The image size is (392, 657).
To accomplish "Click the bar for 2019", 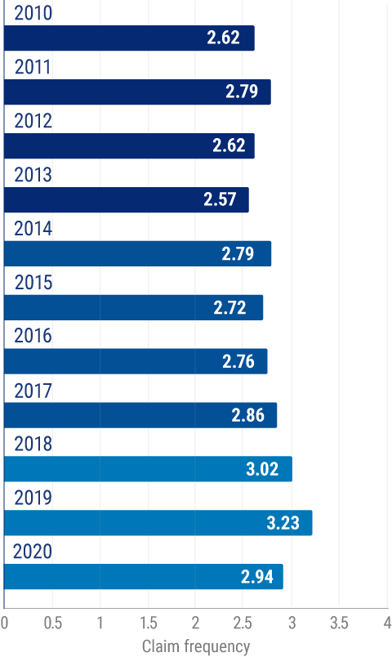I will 158,523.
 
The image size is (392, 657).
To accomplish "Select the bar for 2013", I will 127,200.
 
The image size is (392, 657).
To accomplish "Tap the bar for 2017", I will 140,415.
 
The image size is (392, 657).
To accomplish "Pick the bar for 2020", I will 144,577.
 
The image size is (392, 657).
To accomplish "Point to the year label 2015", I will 33,284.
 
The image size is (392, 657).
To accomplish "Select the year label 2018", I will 33,445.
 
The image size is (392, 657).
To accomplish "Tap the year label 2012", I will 33,123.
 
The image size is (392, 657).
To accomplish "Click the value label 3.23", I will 283,523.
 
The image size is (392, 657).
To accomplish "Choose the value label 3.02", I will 262,469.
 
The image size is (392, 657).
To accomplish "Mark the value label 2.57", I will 220,200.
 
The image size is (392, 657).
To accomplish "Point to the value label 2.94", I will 257,577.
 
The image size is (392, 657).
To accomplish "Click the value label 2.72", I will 229,308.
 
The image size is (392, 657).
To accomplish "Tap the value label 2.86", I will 247,415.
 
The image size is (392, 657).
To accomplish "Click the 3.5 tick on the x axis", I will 339,624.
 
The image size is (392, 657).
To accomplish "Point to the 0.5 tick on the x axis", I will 52,624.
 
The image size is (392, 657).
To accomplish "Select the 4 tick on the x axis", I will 386,624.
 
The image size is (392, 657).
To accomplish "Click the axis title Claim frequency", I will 196,646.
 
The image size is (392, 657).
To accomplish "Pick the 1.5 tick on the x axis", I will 148,624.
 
